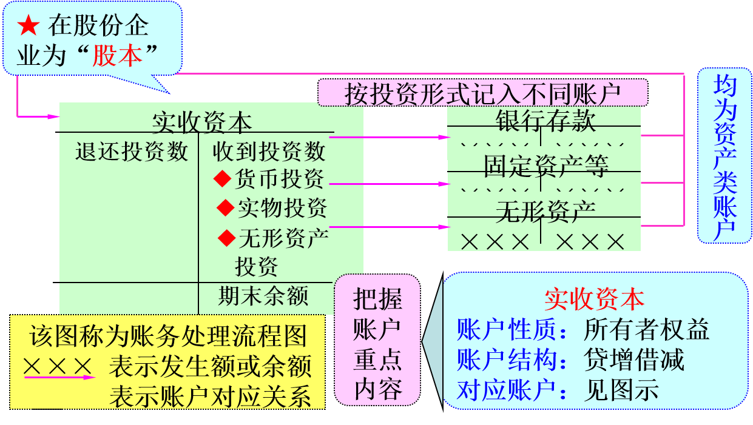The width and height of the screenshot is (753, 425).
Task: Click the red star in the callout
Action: click(29, 25)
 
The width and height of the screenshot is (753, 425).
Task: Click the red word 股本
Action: click(117, 56)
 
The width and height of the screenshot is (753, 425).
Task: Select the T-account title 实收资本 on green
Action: click(201, 122)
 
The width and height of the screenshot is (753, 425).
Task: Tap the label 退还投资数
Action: click(132, 151)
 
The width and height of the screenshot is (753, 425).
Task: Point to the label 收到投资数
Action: click(269, 151)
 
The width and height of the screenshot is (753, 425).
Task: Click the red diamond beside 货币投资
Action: click(223, 179)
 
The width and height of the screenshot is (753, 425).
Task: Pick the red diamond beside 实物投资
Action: click(226, 208)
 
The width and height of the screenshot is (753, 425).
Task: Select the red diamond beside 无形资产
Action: click(227, 238)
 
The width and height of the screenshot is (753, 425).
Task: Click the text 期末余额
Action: click(263, 296)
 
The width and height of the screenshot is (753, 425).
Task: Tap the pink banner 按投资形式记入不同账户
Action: click(482, 94)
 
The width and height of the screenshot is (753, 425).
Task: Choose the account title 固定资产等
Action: click(545, 166)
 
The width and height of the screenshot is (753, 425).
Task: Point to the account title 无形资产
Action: click(545, 211)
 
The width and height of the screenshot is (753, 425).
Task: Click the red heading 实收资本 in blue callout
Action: click(594, 299)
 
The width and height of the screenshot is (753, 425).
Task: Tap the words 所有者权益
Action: click(646, 330)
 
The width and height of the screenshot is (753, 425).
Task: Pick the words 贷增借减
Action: click(634, 360)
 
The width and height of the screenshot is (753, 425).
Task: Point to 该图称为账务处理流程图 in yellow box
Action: click(168, 337)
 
